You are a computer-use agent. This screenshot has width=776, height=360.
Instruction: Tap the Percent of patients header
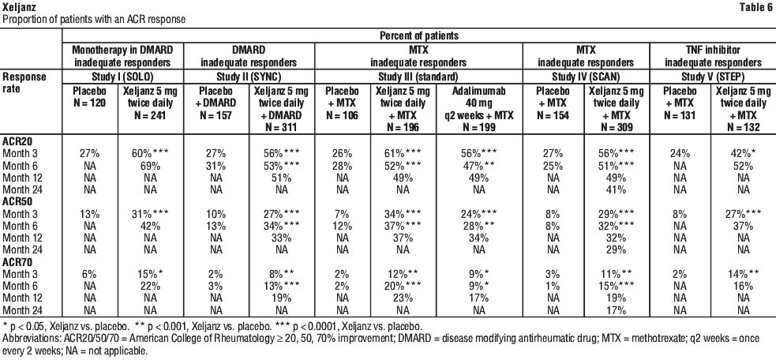click(418, 36)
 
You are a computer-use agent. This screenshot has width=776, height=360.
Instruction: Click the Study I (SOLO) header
click(123, 77)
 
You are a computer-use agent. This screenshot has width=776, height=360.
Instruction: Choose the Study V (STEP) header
click(713, 77)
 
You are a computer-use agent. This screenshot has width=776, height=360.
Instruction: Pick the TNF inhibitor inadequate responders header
click(713, 57)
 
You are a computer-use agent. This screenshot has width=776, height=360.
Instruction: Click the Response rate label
click(24, 83)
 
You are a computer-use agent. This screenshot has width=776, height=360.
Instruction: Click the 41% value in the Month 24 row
click(616, 189)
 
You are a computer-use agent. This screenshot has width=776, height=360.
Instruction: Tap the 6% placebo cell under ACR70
click(89, 274)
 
